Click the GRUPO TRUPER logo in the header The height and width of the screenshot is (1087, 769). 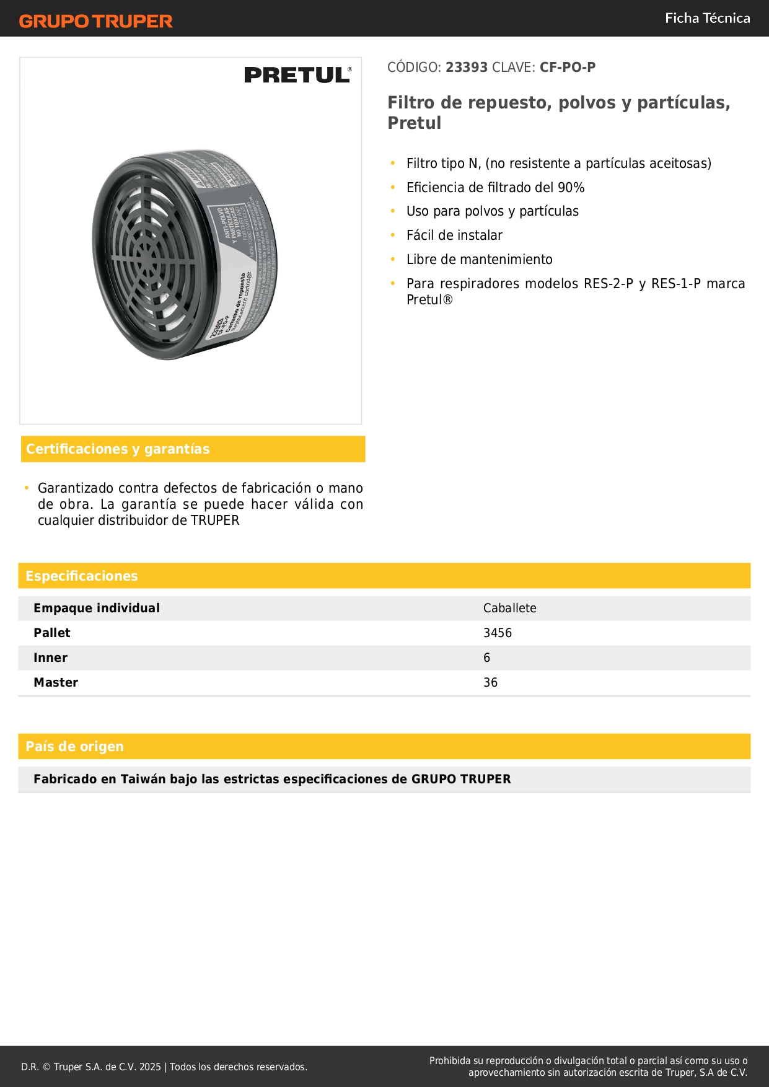[x=95, y=21]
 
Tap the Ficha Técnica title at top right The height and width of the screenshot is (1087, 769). [x=707, y=18]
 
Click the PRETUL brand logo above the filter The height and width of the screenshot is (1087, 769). [x=297, y=75]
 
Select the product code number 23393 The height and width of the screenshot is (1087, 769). [x=467, y=68]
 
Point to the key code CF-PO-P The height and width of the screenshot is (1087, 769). [x=567, y=68]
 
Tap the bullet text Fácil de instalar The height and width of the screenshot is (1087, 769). [x=454, y=235]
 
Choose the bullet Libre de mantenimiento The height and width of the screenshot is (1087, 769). [x=479, y=260]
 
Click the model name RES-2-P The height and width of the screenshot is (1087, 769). [x=608, y=284]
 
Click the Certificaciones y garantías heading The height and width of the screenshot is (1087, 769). [x=118, y=449]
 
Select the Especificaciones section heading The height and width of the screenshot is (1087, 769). [x=82, y=576]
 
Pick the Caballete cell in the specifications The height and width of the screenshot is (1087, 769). [x=509, y=609]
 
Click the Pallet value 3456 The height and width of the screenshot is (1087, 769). [x=497, y=633]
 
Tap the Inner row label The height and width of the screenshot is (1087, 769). [x=50, y=658]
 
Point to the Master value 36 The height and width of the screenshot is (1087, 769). [x=490, y=683]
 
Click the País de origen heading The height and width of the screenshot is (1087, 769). [x=74, y=747]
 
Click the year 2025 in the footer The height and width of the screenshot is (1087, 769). [x=150, y=1067]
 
